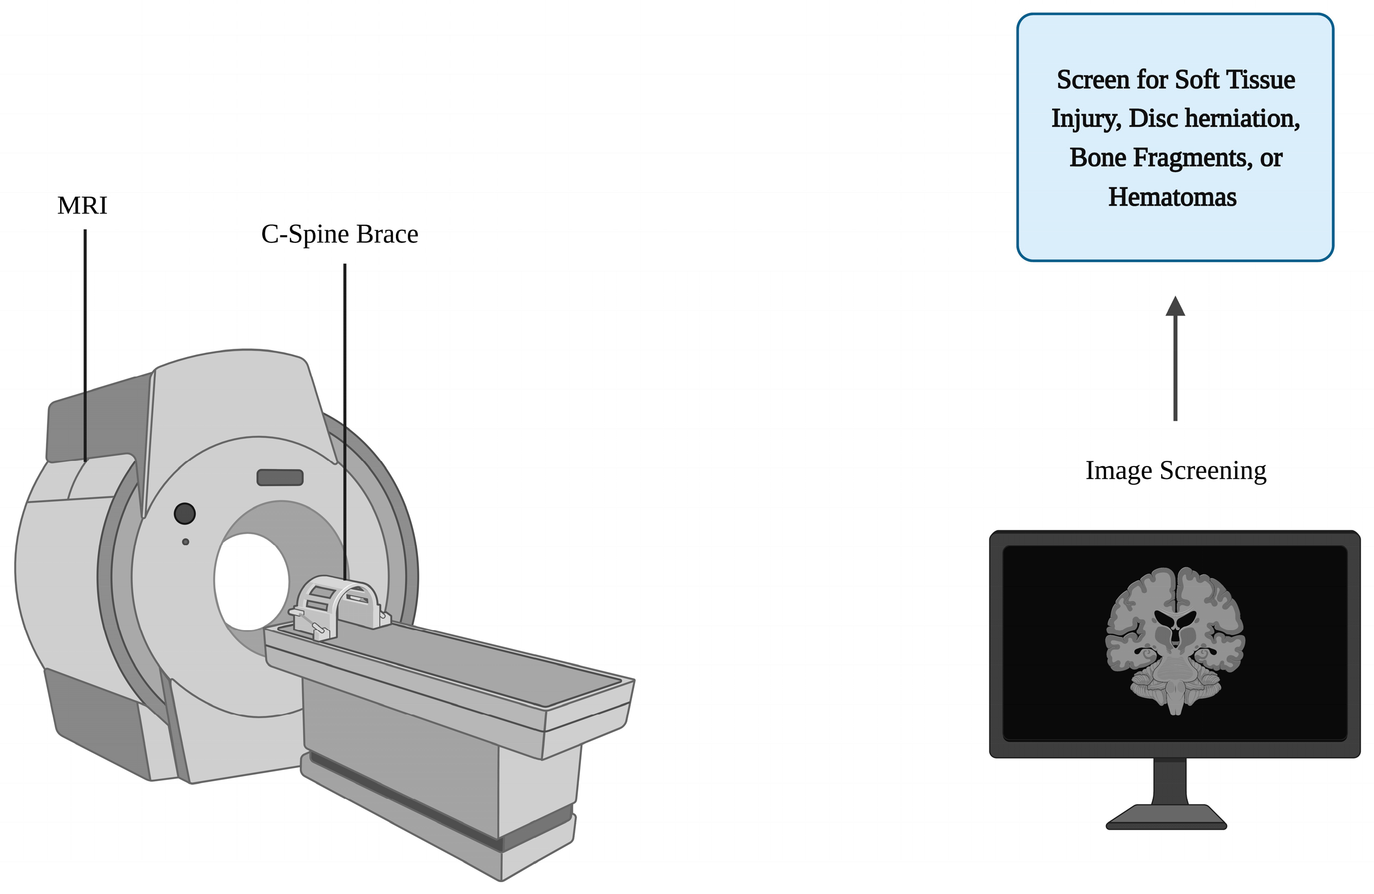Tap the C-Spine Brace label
pyautogui.click(x=339, y=234)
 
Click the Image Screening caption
pyautogui.click(x=1176, y=471)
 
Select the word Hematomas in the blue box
pyautogui.click(x=1172, y=197)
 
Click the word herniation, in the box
pyautogui.click(x=1241, y=118)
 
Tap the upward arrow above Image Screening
pyautogui.click(x=1175, y=358)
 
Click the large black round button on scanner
pyautogui.click(x=185, y=513)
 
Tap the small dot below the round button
pyautogui.click(x=185, y=542)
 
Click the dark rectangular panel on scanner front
pyautogui.click(x=280, y=478)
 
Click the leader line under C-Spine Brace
pyautogui.click(x=345, y=404)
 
